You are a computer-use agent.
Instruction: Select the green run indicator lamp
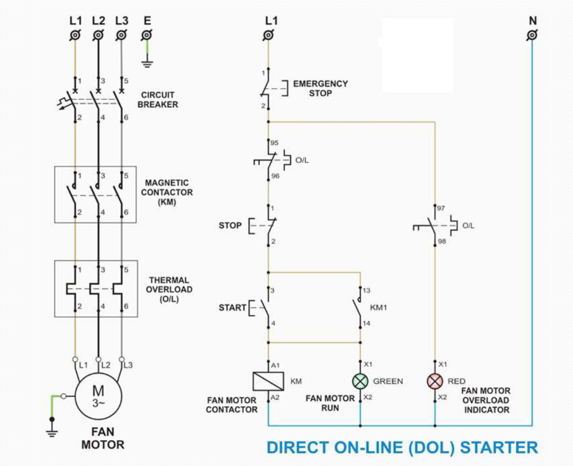(x=360, y=381)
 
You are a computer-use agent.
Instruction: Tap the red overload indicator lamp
(x=435, y=381)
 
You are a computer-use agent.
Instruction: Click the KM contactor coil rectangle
(x=267, y=381)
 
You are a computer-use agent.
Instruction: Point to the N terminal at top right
(x=532, y=35)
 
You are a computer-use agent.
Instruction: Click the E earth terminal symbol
(x=147, y=35)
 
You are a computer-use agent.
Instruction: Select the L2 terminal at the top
(x=98, y=35)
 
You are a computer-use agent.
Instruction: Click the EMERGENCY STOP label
(x=320, y=88)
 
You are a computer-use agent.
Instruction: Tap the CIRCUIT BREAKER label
(x=158, y=99)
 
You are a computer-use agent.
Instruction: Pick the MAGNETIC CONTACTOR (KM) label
(x=168, y=192)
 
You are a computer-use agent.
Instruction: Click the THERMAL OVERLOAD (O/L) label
(x=170, y=289)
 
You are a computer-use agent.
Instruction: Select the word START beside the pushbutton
(x=232, y=308)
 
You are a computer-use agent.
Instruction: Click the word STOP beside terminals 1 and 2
(x=229, y=225)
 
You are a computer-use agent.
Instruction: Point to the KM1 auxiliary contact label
(x=378, y=306)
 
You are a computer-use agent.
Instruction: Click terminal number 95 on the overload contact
(x=275, y=143)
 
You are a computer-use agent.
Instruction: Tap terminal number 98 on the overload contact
(x=442, y=241)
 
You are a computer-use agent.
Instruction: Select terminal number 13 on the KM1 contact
(x=366, y=291)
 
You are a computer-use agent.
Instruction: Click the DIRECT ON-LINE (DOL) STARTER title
(x=401, y=448)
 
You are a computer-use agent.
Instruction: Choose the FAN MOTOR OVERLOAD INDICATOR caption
(x=486, y=400)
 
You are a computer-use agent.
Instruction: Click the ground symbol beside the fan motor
(x=52, y=425)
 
